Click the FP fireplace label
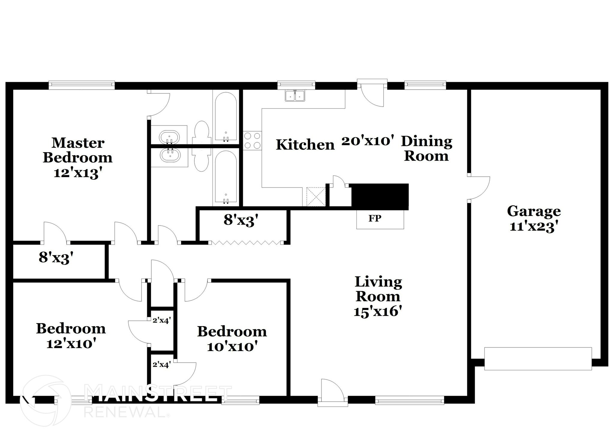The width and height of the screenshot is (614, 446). tap(375, 218)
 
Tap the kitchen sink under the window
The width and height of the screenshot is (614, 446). tap(295, 96)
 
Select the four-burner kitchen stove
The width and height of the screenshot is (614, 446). tap(252, 140)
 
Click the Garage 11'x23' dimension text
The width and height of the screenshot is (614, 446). tap(534, 227)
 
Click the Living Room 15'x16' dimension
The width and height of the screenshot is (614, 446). tap(377, 312)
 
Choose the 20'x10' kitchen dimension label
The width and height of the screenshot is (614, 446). tap(367, 140)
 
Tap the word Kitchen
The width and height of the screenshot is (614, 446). tap(305, 145)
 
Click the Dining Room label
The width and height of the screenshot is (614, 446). tap(426, 149)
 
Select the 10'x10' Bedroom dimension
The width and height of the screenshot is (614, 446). tap(232, 347)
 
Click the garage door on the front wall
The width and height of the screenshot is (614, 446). tap(538, 359)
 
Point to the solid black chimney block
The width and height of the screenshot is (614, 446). tap(380, 196)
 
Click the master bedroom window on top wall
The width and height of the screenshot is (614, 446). tap(82, 85)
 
